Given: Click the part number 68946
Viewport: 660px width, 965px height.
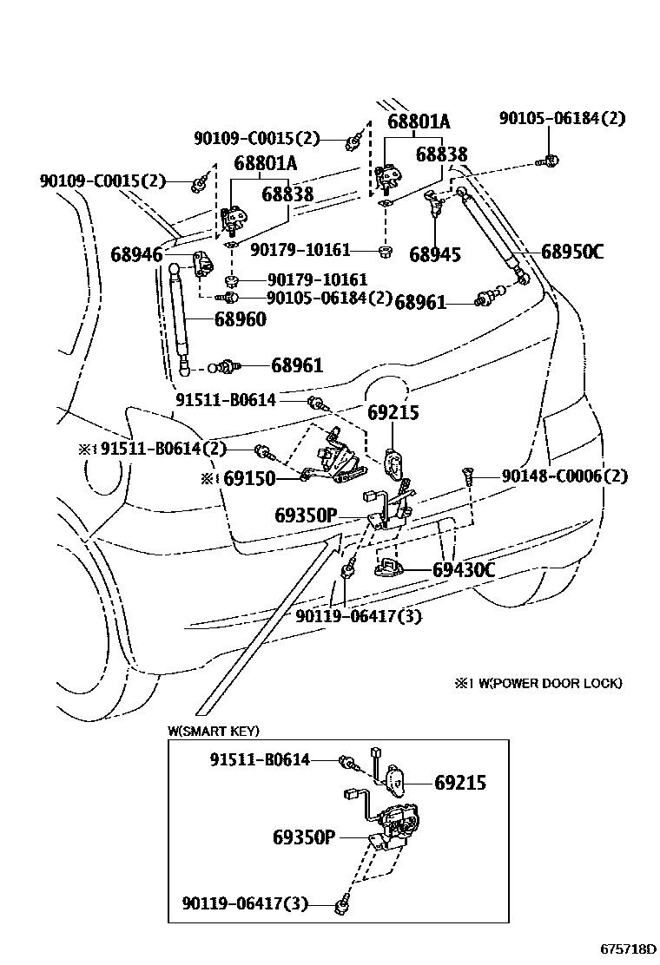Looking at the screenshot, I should coord(136,254).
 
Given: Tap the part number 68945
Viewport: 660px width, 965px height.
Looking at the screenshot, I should coord(434,254).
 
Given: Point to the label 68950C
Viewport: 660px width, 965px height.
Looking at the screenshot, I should coord(571,253).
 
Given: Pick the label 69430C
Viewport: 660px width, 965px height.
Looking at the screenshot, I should coord(464,570).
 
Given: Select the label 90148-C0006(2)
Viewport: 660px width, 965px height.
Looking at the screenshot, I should coord(564,476).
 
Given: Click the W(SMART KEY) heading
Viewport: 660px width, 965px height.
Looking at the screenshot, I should coord(214,732).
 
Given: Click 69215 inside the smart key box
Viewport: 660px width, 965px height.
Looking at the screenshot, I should coord(459,783).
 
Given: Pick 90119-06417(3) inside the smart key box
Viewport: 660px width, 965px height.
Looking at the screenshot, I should coord(245,903).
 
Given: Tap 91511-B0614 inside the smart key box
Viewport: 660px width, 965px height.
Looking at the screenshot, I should coord(260,760).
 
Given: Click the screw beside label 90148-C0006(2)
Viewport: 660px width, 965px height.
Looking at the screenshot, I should coord(467,476).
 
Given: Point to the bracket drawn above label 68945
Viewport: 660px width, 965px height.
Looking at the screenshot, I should coord(434,206).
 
